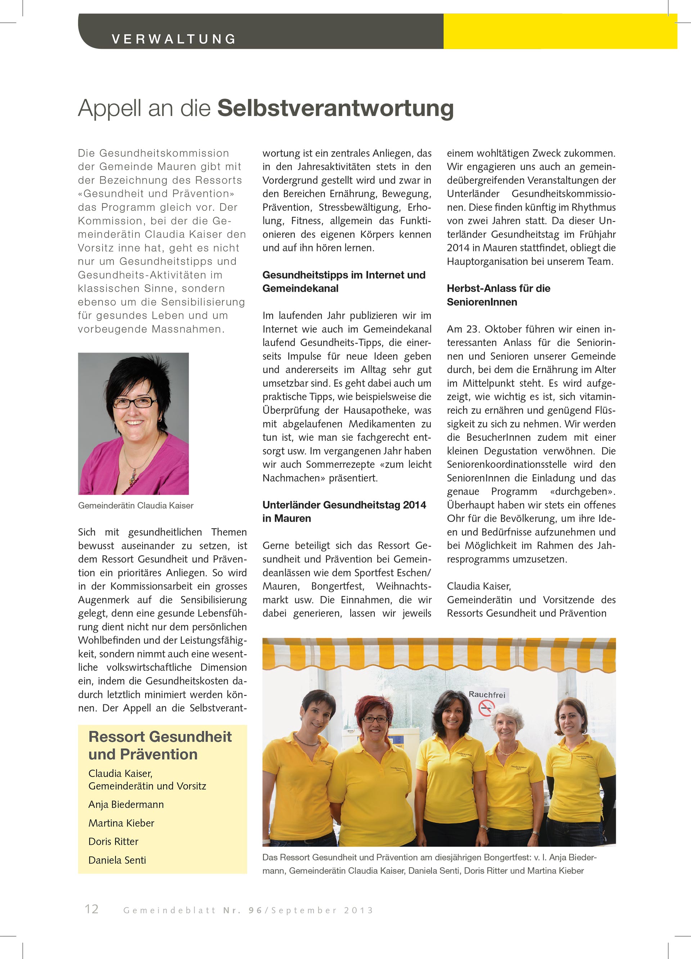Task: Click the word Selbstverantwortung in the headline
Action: click(335, 108)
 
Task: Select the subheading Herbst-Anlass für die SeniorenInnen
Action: click(498, 295)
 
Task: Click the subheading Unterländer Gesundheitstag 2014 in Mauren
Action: click(344, 511)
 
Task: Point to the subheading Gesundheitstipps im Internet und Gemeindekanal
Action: click(344, 282)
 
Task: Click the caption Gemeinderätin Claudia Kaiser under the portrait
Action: click(136, 506)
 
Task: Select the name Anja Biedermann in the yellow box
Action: click(126, 804)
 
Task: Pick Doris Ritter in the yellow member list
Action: click(113, 842)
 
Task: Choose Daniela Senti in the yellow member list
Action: click(117, 860)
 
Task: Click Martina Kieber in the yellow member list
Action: click(121, 823)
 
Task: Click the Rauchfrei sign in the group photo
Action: click(487, 694)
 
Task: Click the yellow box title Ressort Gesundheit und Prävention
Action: click(160, 745)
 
